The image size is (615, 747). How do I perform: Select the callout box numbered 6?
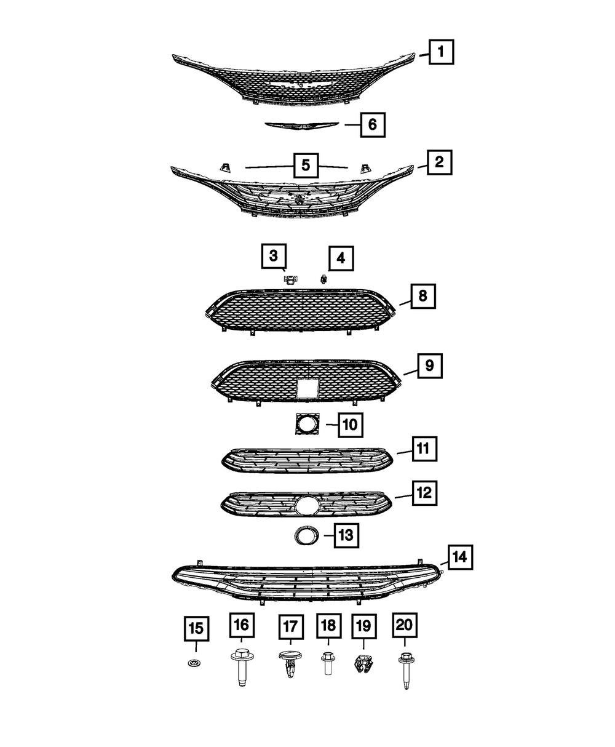pyautogui.click(x=373, y=124)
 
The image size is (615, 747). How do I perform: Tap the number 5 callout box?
pyautogui.click(x=306, y=166)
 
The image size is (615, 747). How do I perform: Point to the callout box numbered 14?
pyautogui.click(x=460, y=557)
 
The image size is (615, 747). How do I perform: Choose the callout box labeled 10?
pyautogui.click(x=351, y=425)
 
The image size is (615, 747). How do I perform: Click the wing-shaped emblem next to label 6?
pyautogui.click(x=302, y=125)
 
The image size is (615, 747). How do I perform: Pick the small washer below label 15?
pyautogui.click(x=194, y=663)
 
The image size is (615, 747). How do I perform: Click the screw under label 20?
pyautogui.click(x=405, y=669)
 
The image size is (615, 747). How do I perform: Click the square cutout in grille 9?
pyautogui.click(x=307, y=388)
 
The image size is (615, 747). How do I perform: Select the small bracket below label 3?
pyautogui.click(x=291, y=279)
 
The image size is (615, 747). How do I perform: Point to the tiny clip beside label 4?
pyautogui.click(x=324, y=278)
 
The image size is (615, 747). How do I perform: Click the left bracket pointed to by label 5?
pyautogui.click(x=225, y=167)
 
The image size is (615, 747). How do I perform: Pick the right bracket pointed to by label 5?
pyautogui.click(x=365, y=169)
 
